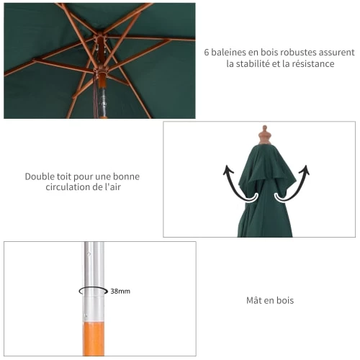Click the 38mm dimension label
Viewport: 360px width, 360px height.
pos(120,291)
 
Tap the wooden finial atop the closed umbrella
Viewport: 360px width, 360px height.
pos(265,135)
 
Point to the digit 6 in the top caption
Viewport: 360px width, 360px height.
pos(207,53)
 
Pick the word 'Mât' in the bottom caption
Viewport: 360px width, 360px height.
pos(254,300)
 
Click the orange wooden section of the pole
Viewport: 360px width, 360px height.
pos(94,338)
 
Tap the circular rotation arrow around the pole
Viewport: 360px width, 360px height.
pos(94,291)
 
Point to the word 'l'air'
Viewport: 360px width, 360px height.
pos(112,187)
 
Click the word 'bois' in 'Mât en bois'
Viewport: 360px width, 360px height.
pos(285,300)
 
